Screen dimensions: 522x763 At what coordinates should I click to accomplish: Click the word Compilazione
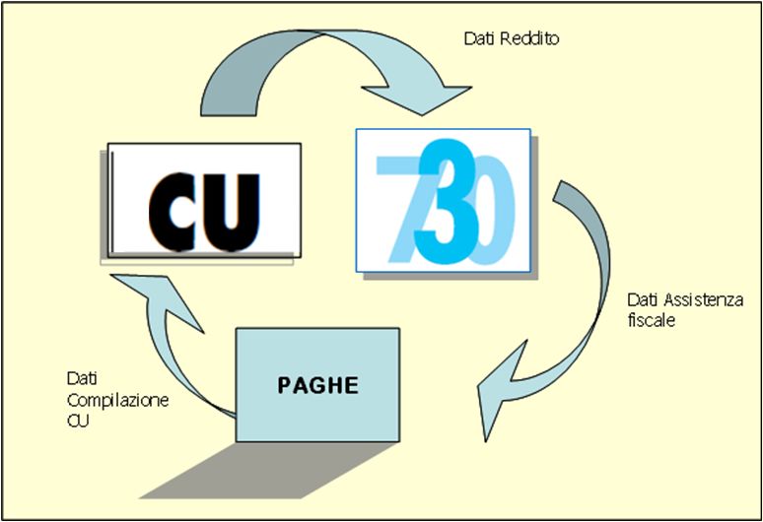(x=104, y=401)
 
